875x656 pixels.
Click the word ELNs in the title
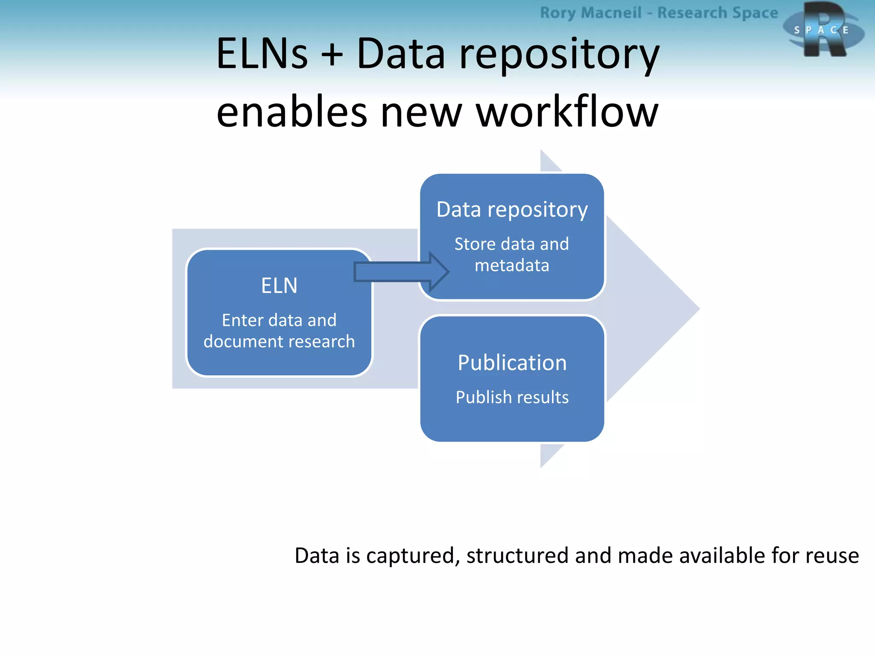pos(261,54)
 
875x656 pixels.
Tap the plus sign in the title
pos(332,55)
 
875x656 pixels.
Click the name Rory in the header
pos(558,13)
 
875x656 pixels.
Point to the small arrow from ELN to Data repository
pos(401,272)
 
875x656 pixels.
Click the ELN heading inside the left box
pos(279,286)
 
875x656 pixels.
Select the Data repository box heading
pos(512,210)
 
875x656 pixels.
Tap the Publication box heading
pos(512,363)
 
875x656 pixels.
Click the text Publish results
pos(512,398)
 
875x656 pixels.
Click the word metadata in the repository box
pos(512,266)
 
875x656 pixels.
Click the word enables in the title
pos(291,112)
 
